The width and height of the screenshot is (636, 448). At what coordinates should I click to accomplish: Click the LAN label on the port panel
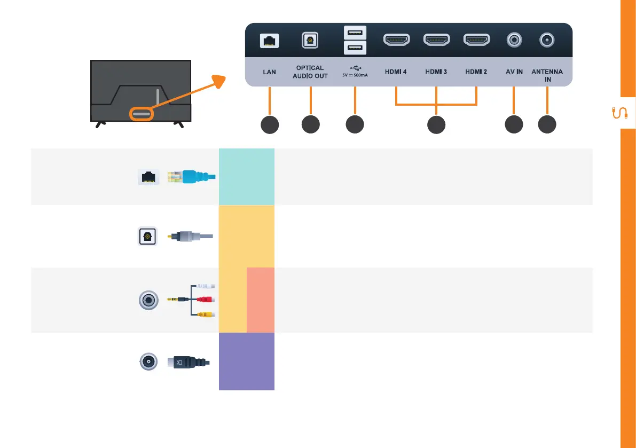click(269, 72)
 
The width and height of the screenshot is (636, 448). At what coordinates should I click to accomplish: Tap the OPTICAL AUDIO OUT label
click(310, 72)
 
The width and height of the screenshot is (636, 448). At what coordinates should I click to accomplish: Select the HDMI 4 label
click(396, 72)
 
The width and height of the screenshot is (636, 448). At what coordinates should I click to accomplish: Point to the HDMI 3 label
click(437, 72)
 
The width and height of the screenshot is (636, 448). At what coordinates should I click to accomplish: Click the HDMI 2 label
click(476, 72)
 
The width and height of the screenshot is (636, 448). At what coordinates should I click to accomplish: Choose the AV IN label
click(514, 72)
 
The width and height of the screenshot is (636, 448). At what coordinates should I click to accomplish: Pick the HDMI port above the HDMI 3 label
click(437, 40)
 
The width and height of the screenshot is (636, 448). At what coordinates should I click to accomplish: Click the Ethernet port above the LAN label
click(269, 40)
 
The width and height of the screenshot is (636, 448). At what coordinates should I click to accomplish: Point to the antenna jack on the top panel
click(547, 40)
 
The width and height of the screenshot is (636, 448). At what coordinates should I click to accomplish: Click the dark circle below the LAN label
click(269, 124)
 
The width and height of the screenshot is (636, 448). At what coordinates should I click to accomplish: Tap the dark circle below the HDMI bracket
click(436, 124)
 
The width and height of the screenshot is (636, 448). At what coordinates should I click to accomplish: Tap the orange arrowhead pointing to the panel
click(218, 81)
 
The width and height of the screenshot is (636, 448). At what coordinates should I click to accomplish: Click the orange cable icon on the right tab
click(619, 113)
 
